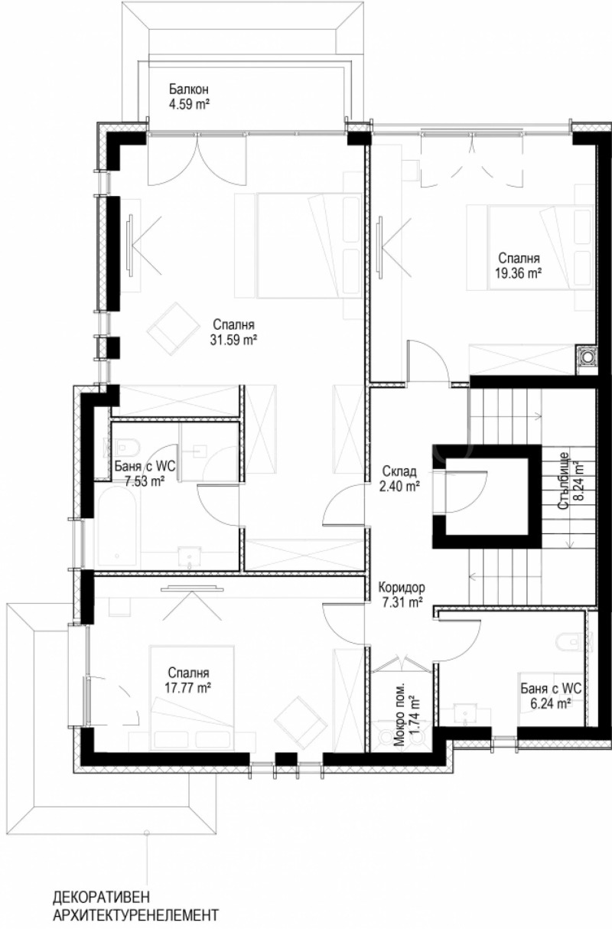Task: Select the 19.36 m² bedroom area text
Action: click(x=519, y=272)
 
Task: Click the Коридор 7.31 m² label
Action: click(x=401, y=595)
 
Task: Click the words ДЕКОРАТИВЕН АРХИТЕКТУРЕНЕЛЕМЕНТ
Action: click(x=135, y=905)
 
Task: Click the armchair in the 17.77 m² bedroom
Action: click(x=301, y=721)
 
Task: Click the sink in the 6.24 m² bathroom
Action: click(x=466, y=713)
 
